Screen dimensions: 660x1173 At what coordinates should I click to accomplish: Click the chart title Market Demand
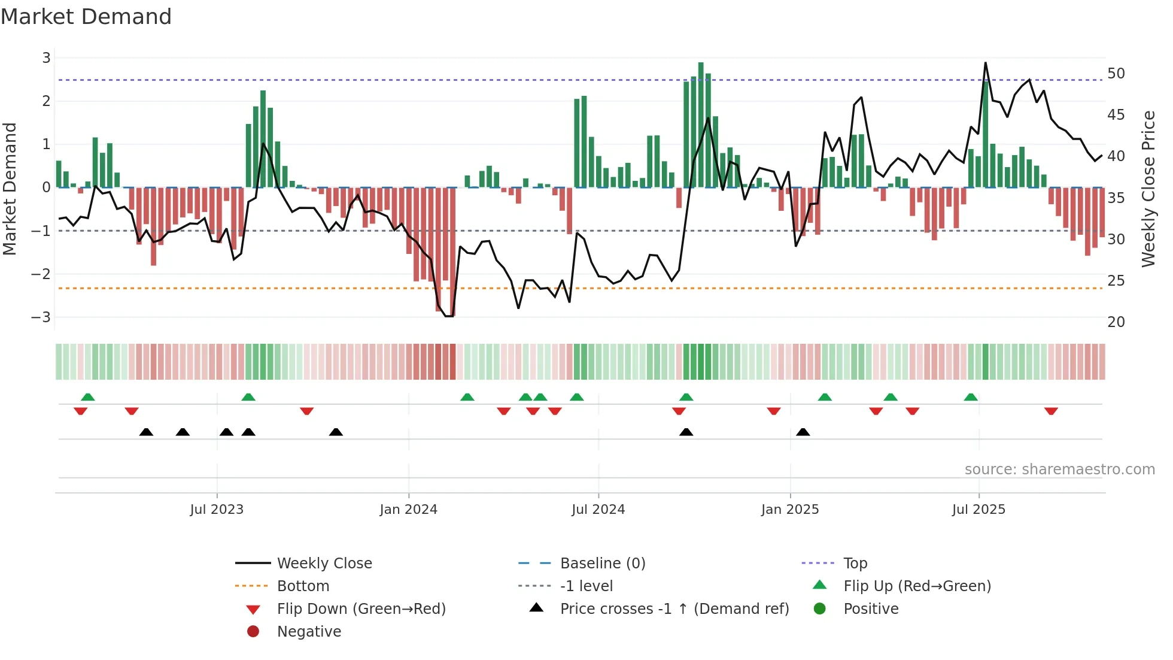click(86, 17)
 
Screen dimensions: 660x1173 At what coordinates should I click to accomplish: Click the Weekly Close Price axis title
click(1148, 189)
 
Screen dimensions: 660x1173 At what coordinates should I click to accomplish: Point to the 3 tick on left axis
click(46, 58)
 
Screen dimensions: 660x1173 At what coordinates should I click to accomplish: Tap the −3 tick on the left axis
click(41, 317)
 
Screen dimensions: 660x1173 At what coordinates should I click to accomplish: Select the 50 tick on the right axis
click(1116, 74)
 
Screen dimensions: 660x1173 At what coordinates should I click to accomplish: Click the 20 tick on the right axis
click(1116, 322)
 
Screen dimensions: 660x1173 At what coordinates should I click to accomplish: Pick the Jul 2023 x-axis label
click(217, 510)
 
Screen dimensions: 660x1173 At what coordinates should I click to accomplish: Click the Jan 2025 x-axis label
click(790, 510)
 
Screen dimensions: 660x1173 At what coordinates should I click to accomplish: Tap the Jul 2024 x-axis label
click(598, 510)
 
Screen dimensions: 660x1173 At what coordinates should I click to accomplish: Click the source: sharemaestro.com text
click(1059, 470)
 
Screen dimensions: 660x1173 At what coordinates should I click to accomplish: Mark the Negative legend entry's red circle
click(253, 632)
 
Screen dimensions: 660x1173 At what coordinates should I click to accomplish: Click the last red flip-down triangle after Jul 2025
click(1051, 411)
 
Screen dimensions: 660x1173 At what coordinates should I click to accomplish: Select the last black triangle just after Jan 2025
click(803, 432)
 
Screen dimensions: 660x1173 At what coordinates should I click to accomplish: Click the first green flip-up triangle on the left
click(88, 397)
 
